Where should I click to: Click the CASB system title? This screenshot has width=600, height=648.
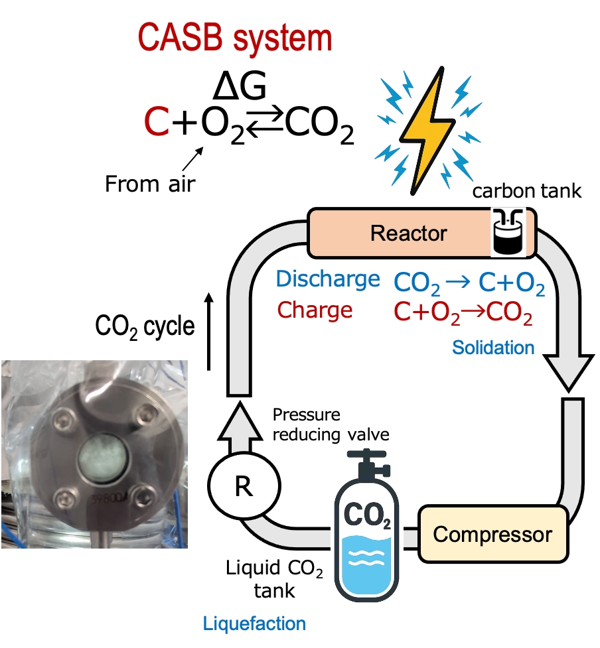coord(235,38)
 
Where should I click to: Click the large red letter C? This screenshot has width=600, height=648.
coord(157,122)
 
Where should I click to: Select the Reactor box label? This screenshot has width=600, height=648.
coord(409,233)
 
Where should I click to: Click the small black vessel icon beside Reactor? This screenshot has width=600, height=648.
coord(508,232)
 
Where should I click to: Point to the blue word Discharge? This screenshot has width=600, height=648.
coord(328,279)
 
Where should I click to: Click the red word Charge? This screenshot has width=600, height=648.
coord(315,310)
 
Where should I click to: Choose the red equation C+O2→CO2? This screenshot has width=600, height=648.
coord(463,312)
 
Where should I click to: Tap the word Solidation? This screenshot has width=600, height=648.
coord(493,347)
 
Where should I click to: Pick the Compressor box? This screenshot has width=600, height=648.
coord(492,534)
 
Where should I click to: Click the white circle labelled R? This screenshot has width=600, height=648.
coord(244,486)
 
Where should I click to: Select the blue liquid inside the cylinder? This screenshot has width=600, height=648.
coord(366,564)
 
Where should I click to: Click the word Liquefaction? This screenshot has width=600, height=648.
coord(254,623)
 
